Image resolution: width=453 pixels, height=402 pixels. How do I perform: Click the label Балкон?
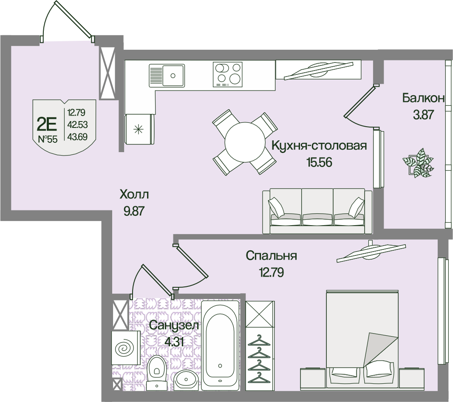pyautogui.click(x=423, y=99)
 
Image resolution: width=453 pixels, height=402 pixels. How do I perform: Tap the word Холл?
pyautogui.click(x=134, y=195)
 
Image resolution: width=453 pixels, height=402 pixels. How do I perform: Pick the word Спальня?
pyautogui.click(x=271, y=256)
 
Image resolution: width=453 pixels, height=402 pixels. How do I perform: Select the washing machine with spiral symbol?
pyautogui.click(x=125, y=348)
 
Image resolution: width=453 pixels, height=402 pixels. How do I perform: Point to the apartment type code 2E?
pyautogui.click(x=47, y=124)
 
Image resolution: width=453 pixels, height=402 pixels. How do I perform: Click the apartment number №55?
pyautogui.click(x=47, y=139)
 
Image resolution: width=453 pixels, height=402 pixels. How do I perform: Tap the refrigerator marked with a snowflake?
pyautogui.click(x=139, y=129)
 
